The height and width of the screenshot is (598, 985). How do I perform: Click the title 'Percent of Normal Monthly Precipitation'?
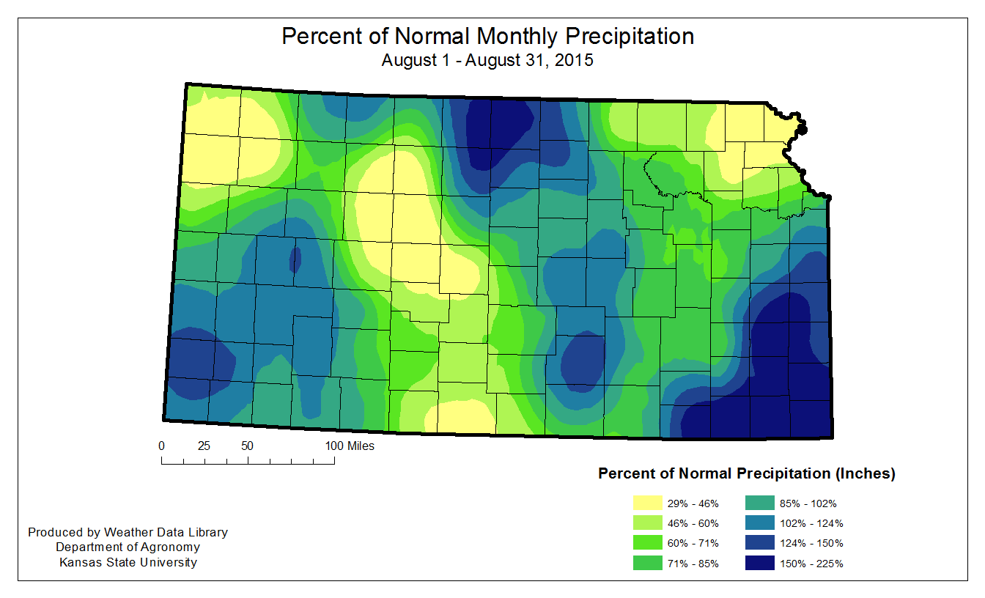487,37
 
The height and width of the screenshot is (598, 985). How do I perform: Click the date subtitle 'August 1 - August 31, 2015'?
487,60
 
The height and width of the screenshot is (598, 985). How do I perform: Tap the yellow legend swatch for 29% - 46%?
649,503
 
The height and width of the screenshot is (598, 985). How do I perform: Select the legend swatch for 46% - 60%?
649,523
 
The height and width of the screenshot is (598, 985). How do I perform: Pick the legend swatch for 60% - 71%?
649,543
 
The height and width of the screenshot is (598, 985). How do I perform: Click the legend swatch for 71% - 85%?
649,564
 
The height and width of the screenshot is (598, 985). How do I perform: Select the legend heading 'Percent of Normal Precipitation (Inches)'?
747,473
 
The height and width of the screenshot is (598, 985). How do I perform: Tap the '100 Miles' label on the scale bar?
350,446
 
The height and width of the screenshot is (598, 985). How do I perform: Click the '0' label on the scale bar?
161,446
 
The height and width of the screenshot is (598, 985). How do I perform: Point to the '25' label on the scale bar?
204,446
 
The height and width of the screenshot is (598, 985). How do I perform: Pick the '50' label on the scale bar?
247,446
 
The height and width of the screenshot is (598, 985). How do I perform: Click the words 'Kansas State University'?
128,562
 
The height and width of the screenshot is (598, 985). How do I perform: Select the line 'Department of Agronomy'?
128,547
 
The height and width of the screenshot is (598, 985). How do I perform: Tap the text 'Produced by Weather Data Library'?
128,532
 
